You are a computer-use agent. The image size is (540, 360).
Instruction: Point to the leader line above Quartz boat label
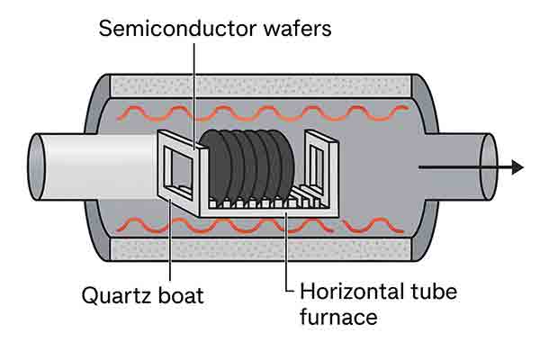click(170, 252)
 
